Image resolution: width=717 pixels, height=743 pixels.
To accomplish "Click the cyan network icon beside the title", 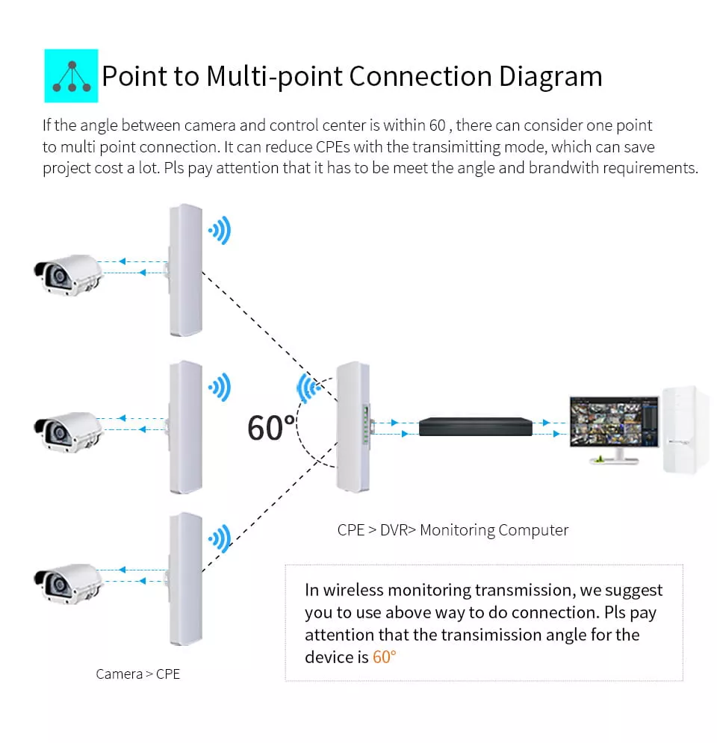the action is tap(71, 76).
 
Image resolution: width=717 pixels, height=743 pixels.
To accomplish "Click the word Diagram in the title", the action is tap(550, 77).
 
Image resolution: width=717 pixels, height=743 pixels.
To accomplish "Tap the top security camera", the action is tap(68, 275).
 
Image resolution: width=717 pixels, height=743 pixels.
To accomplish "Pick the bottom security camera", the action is tap(68, 583).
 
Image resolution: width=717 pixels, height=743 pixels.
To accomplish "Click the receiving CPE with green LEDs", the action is tap(353, 427).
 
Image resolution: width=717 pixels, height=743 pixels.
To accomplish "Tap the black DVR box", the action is tap(475, 426).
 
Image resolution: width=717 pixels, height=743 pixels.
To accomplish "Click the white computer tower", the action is tap(685, 430).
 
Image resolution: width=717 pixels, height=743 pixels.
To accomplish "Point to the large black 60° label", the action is tap(271, 429).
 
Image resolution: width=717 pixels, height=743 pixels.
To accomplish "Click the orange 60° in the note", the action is tap(384, 657).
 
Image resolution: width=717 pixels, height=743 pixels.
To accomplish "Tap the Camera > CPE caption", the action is tap(138, 674).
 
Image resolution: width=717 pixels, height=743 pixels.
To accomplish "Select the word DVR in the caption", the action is tap(394, 529).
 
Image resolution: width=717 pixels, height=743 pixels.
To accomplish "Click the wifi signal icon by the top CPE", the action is tap(220, 230).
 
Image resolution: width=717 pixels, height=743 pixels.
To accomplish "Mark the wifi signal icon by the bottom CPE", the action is tap(220, 539).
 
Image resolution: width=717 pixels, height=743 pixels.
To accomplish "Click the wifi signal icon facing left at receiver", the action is tap(308, 388).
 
